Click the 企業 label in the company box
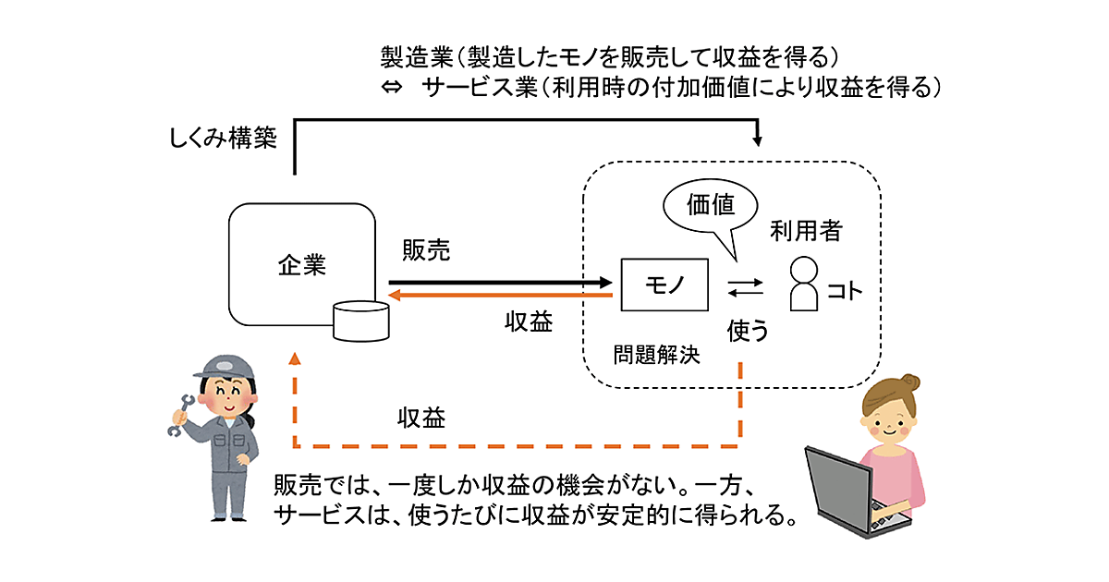point(302,266)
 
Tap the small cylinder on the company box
point(361,319)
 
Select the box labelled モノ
point(664,284)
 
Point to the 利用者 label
point(806,231)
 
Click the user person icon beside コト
point(805,284)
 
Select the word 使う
point(748,329)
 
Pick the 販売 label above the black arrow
point(426,250)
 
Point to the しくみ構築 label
point(223,140)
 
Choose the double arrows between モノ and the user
point(745,288)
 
